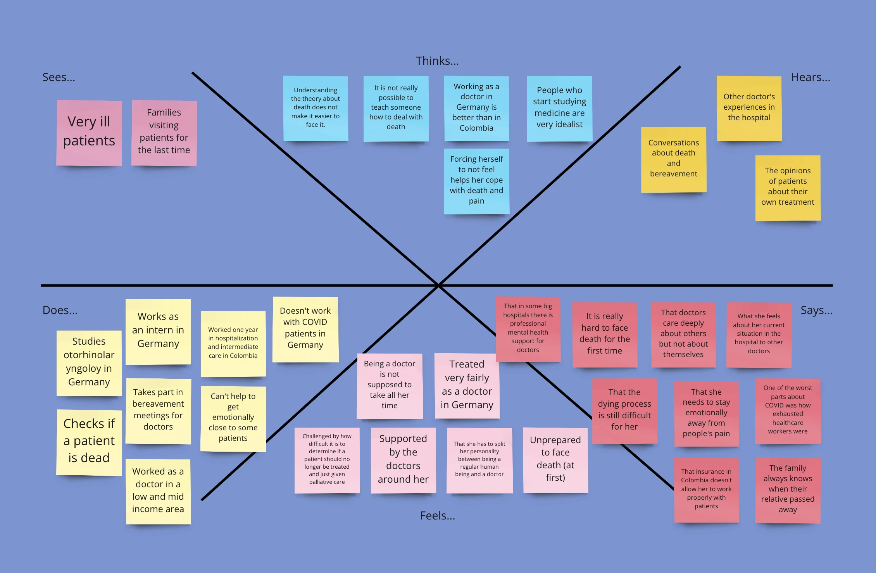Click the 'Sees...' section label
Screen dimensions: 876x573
tap(59, 77)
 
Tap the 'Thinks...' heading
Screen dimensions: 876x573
tap(437, 61)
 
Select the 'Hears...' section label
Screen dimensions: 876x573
tap(810, 77)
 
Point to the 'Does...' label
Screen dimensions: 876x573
tap(60, 310)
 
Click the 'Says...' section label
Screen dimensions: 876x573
tap(816, 310)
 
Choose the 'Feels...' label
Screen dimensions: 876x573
tap(437, 516)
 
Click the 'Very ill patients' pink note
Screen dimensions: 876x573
tap(89, 133)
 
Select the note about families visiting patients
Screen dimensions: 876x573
tap(164, 133)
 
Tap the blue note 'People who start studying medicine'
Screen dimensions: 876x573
tap(559, 109)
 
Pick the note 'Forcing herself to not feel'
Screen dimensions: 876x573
tap(476, 181)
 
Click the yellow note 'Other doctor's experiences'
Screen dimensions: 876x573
tap(749, 108)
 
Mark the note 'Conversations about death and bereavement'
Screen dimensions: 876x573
tap(674, 159)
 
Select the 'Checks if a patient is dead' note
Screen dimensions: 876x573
tap(89, 442)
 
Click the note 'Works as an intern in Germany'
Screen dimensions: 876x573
tap(158, 332)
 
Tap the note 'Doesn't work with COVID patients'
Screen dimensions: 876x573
tap(305, 330)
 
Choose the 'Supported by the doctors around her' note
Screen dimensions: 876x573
tap(403, 460)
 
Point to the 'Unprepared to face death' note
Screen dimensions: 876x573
tap(555, 460)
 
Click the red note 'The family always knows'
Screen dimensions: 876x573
tap(788, 490)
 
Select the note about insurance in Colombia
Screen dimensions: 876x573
tap(706, 490)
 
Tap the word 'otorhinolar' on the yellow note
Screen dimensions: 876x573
tap(89, 355)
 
